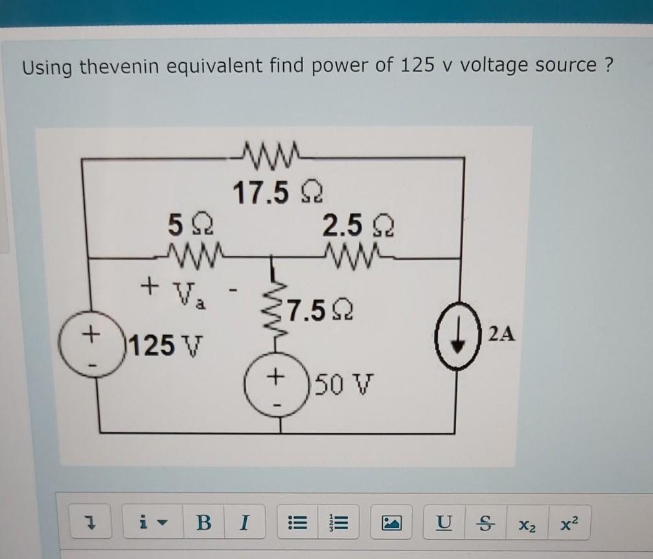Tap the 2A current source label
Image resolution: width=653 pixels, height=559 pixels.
[x=503, y=334]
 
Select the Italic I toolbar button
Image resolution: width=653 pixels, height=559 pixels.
[x=243, y=522]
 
